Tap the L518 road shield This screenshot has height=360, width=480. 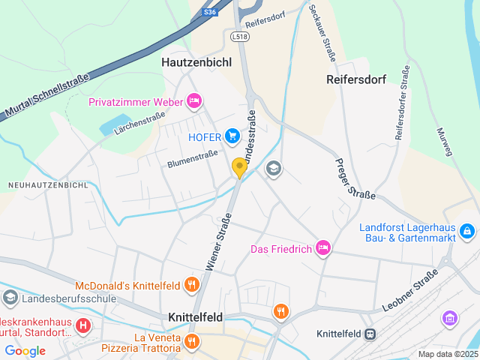point(240,36)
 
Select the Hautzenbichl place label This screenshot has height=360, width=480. point(196,63)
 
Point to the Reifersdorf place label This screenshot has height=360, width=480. point(355,78)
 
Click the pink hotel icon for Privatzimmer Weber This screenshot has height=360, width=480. point(194,100)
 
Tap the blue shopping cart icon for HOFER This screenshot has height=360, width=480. point(232,136)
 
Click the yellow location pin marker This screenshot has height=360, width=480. point(239,168)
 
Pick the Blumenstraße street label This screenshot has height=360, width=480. point(192,158)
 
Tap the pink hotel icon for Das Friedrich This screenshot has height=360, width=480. point(323,247)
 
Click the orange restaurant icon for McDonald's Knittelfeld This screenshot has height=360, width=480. point(191,284)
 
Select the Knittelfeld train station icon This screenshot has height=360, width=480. point(370,334)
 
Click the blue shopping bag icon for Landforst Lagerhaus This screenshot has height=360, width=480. point(467,231)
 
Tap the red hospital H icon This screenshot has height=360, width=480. point(83,325)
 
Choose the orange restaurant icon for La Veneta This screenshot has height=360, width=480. point(191,341)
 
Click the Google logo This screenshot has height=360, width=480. point(25,350)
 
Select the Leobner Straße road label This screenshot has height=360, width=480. point(409,291)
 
